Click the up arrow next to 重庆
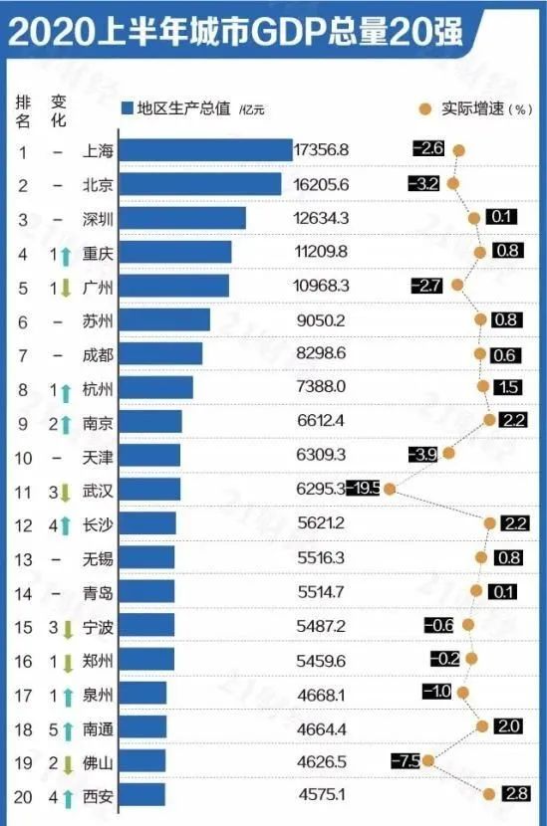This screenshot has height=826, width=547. coord(65,254)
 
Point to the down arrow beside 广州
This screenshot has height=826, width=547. coord(65,288)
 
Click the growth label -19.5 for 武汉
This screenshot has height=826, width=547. coord(363,489)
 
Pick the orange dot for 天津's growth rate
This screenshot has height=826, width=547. coord(448,453)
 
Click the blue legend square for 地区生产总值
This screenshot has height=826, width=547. coord(127,107)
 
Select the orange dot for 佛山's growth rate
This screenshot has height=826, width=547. coord(428,760)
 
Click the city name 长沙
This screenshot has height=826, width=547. coord(100,522)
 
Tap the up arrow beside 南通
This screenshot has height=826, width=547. coord(65,727)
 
